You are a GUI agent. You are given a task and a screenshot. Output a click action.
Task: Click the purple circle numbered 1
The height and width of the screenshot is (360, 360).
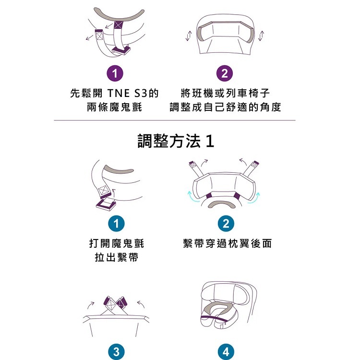tap(115, 73)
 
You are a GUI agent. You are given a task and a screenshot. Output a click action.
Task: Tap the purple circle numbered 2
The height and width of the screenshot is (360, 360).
tap(225, 73)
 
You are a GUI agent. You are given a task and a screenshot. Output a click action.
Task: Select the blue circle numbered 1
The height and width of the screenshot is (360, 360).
tap(117, 224)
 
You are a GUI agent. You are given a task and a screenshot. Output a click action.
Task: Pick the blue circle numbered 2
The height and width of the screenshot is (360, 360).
tap(226, 224)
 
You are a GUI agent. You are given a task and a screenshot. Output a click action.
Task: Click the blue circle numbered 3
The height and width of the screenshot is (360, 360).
tap(117, 352)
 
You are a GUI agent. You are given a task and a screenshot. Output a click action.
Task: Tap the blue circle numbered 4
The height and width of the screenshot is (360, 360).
tap(226, 352)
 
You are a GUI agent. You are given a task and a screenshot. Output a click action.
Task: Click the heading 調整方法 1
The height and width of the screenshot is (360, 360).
tap(176, 141)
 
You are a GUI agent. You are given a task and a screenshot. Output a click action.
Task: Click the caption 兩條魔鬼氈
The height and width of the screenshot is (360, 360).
tap(114, 107)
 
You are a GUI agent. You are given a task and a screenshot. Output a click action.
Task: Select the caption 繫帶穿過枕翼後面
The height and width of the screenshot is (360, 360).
tap(228, 243)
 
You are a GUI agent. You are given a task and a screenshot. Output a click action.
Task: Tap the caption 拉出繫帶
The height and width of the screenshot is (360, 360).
tap(117, 257)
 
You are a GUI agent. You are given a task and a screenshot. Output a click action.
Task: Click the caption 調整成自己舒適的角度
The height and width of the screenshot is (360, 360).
tap(225, 107)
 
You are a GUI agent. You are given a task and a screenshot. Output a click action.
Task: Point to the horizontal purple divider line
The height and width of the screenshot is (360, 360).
tap(175, 120)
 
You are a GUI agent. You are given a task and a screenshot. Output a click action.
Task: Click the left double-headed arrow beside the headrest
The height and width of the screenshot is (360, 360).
tap(189, 36)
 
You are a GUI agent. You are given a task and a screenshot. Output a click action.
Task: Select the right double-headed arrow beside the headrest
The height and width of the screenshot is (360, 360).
tap(261, 36)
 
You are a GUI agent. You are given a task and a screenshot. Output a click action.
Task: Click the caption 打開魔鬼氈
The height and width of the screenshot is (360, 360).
tap(117, 243)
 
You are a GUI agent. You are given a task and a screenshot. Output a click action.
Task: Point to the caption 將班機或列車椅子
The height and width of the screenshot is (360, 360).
tap(225, 93)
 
